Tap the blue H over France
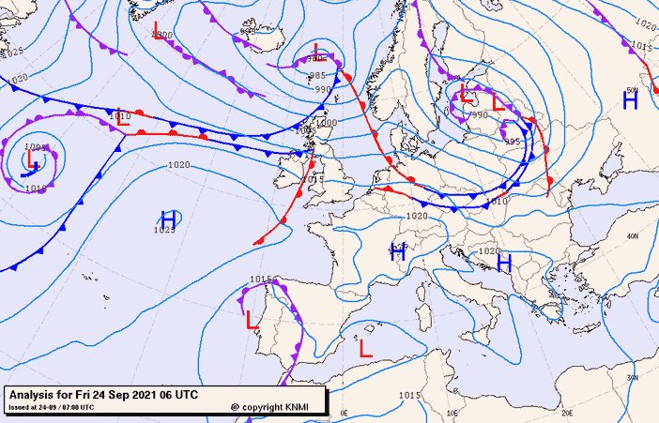398,251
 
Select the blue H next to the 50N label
630,101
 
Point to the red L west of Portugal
252,321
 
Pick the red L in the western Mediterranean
365,348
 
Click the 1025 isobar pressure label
165,230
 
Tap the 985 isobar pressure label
317,75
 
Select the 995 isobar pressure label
512,142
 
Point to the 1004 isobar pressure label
35,147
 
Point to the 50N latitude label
632,90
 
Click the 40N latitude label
632,236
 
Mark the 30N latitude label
632,377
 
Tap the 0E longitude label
344,413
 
